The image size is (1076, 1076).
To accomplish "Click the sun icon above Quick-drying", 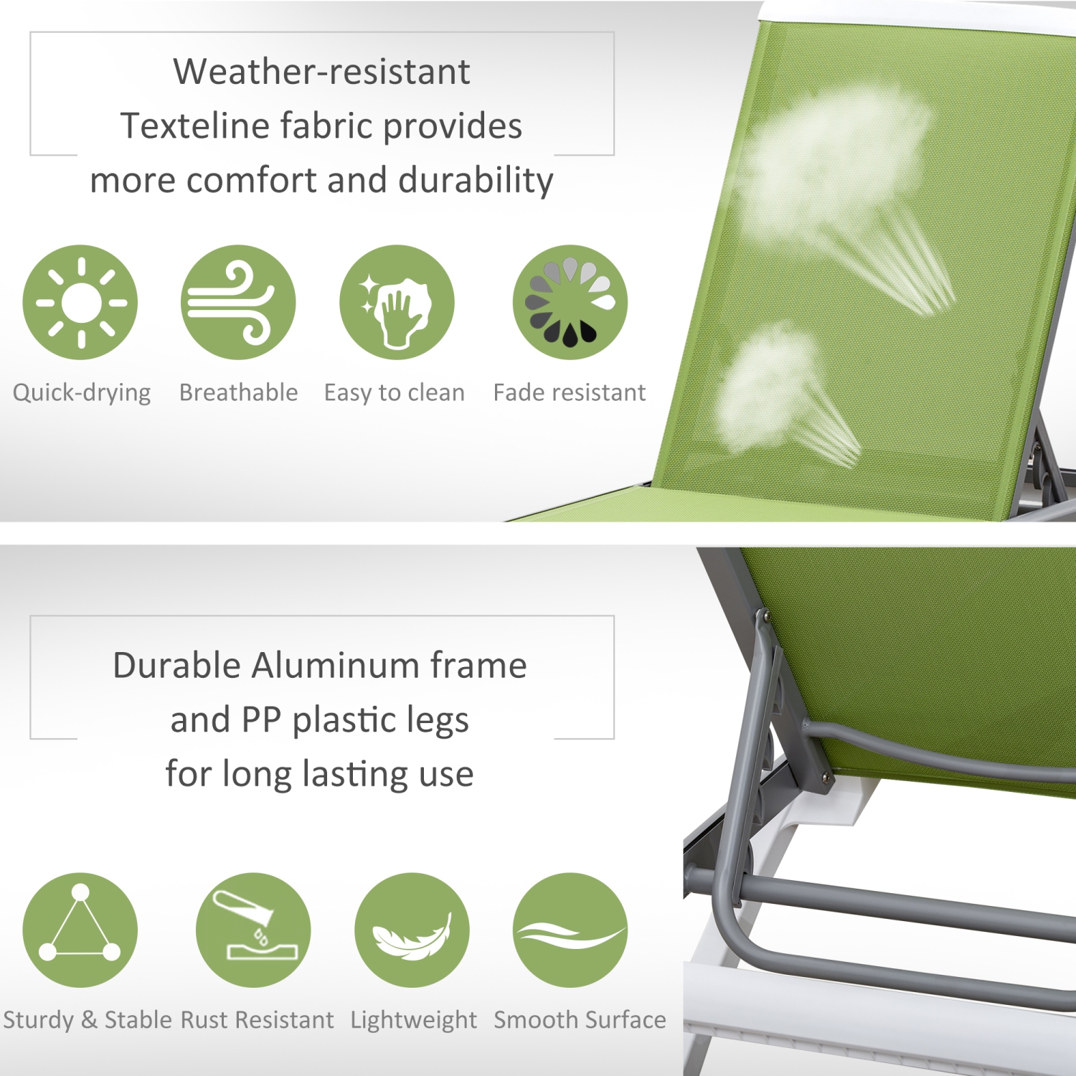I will pos(80,302).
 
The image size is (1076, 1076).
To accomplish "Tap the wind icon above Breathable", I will pos(237,302).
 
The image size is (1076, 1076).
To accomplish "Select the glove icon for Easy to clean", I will pos(397,302).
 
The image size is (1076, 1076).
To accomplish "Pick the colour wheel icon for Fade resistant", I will pos(570,302).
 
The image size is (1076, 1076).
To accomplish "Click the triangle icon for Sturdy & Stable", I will pos(80,930).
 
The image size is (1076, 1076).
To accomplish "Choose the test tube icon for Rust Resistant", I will pos(253,930).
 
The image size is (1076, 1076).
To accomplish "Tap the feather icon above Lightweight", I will pos(412,930).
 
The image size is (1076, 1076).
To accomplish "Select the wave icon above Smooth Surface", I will pos(570,930).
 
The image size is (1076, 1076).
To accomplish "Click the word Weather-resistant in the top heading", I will pos(321,72).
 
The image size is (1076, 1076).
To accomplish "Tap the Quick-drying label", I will pos(82,393).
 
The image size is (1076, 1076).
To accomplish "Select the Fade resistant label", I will pos(570,393).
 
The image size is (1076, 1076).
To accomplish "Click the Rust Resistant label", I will pos(257,1020).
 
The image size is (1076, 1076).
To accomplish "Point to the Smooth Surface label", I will pos(580,1020).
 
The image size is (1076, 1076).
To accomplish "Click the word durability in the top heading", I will pos(476,181).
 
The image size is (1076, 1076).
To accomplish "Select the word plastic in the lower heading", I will pos(337,720).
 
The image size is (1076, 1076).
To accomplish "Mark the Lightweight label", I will pos(413,1020).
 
